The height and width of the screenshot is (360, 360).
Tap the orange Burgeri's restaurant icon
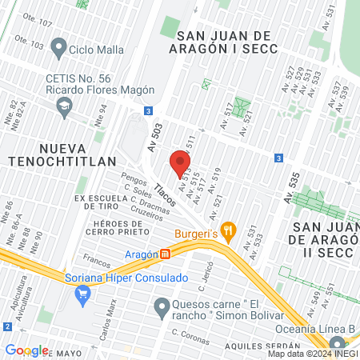pyautogui.click(x=229, y=232)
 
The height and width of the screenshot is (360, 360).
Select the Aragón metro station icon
pyautogui.click(x=166, y=254)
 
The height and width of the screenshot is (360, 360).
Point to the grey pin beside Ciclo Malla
pyautogui.click(x=58, y=49)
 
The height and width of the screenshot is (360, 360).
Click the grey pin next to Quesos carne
pyautogui.click(x=162, y=306)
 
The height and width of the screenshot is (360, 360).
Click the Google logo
pyautogui.click(x=26, y=350)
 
